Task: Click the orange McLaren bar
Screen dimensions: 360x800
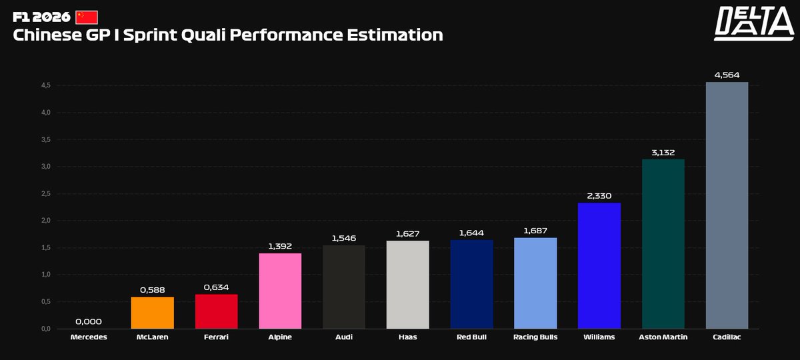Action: pos(152,313)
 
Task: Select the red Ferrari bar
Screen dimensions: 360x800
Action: pos(216,311)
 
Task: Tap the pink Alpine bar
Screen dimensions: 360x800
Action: pos(280,291)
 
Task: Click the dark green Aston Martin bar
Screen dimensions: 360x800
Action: pos(663,244)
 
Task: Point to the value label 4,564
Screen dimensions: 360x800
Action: pos(727,75)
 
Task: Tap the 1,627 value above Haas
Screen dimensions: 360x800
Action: pos(408,233)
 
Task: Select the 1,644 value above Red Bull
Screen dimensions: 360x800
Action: pos(472,233)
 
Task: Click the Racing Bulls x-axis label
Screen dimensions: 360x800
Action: pos(535,337)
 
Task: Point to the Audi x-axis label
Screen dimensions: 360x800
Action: pos(344,337)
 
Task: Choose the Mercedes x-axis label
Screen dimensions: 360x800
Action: pos(88,337)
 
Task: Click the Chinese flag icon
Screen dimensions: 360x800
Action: pos(87,17)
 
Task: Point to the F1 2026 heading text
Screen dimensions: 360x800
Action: pos(41,17)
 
